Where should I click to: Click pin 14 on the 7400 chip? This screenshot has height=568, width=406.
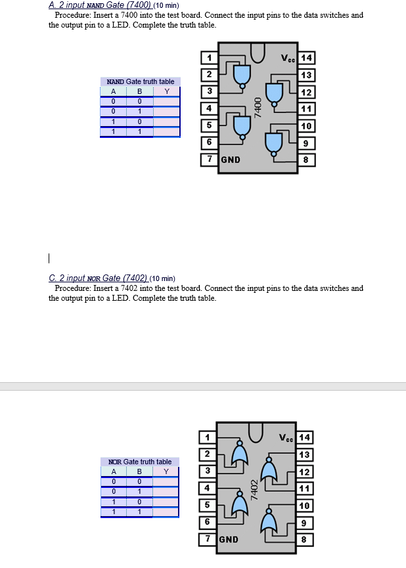click(x=307, y=58)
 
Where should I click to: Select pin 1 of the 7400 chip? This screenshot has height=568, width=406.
click(x=209, y=58)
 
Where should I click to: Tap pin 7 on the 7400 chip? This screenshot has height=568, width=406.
click(x=209, y=160)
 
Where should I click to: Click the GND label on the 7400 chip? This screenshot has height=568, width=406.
click(x=231, y=160)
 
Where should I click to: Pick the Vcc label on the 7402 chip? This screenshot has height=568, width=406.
click(x=287, y=438)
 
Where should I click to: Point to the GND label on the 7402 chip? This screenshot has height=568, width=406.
click(x=229, y=540)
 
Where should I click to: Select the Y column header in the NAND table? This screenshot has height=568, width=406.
click(x=167, y=92)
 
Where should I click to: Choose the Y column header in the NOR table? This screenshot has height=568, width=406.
click(x=166, y=471)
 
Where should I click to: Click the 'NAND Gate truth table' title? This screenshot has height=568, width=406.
click(x=141, y=81)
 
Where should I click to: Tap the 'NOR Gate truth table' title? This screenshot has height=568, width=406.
click(x=140, y=462)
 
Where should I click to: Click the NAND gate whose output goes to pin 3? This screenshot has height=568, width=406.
click(x=242, y=74)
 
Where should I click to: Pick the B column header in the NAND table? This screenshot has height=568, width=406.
click(x=139, y=92)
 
